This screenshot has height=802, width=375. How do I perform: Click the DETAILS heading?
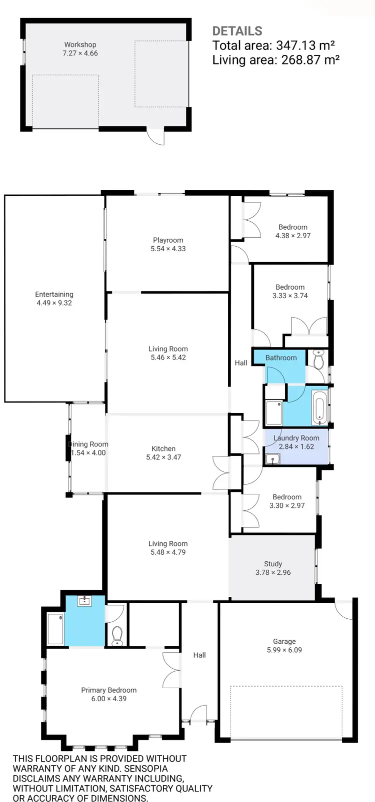coord(237,31)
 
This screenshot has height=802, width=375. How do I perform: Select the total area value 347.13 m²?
coord(305,45)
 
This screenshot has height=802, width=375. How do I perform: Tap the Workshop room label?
coord(80,44)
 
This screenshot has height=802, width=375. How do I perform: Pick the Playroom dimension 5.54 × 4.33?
coord(168,249)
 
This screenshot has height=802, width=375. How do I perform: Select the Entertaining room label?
coord(54,294)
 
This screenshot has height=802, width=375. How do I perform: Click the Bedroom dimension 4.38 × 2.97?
coord(293,236)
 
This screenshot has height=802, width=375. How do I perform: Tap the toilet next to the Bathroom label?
coord(318,359)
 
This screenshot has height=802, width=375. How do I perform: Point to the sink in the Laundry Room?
coord(272,458)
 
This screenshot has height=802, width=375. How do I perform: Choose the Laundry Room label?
coord(296,438)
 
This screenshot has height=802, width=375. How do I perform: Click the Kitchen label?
coord(163,448)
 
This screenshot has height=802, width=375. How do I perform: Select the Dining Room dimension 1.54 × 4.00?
coord(88,453)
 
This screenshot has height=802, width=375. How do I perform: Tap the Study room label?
coord(273,564)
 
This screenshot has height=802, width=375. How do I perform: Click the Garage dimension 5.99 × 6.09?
coord(284,650)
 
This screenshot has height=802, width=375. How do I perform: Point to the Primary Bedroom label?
coord(108,690)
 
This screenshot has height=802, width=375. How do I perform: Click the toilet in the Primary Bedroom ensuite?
coord(117,636)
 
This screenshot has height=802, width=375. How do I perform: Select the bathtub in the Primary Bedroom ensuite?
coord(55,628)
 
